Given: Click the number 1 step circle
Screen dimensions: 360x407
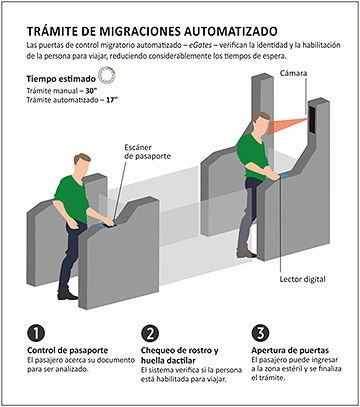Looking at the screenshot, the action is [x=36, y=333].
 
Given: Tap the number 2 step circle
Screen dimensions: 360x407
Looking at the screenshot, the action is [x=150, y=333].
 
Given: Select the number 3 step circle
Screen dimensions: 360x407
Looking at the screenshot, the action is [x=260, y=333].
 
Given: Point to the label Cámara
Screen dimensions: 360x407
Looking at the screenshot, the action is [x=293, y=73].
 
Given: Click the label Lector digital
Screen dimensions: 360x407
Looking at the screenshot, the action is [x=302, y=279].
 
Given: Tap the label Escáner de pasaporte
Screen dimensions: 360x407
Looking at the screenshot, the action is [x=147, y=152].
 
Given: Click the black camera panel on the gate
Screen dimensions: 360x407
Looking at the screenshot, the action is [x=313, y=120].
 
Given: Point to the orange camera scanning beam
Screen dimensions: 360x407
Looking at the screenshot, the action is [x=287, y=126].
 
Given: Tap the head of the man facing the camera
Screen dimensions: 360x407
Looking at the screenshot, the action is [x=260, y=123].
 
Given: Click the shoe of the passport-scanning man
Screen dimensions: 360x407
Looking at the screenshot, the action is [x=68, y=296].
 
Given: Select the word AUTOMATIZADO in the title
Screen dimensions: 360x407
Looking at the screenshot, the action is [x=230, y=31].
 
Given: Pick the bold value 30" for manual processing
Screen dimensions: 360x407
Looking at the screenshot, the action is [x=90, y=91].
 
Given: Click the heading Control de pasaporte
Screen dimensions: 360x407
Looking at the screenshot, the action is [x=68, y=351].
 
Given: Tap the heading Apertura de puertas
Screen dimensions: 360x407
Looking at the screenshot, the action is [x=290, y=351].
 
